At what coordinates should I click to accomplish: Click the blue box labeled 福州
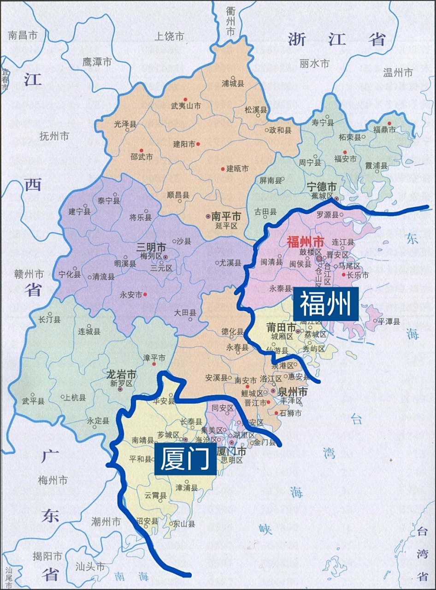click(326, 304)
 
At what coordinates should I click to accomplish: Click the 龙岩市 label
click(121, 374)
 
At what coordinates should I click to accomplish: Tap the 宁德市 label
click(322, 187)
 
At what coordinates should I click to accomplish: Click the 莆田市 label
click(281, 328)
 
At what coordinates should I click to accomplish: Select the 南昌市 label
click(22, 35)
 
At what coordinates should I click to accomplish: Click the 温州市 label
click(398, 72)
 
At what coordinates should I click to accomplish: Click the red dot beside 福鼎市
click(389, 123)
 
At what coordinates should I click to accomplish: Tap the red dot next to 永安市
click(145, 294)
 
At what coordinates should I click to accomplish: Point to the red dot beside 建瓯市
click(223, 169)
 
